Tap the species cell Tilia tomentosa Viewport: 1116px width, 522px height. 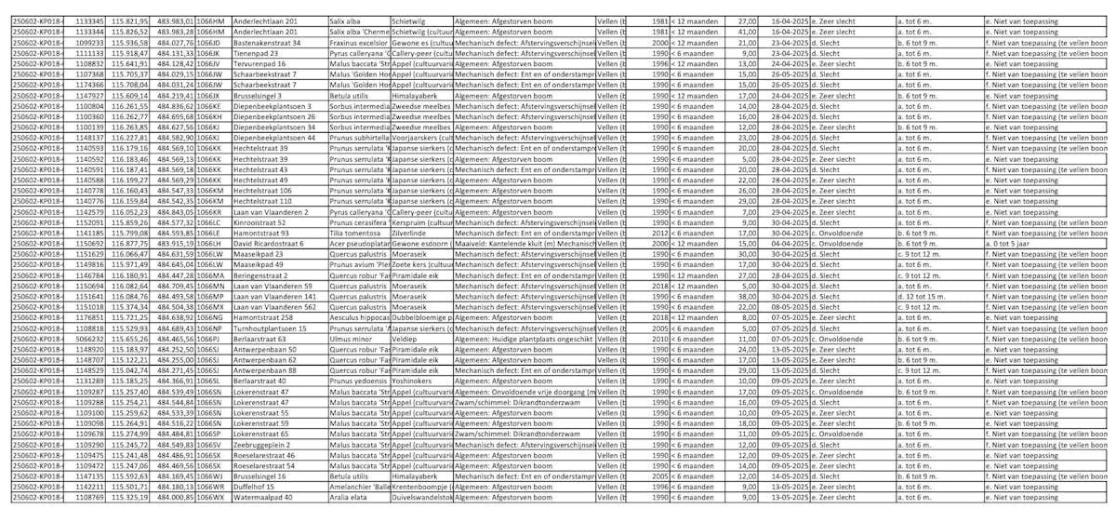(358, 233)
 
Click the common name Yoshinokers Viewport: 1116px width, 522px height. (415, 381)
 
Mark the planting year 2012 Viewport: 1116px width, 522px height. (660, 233)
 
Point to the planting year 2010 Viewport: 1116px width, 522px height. (660, 339)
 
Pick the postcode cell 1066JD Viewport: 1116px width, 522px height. (211, 43)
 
